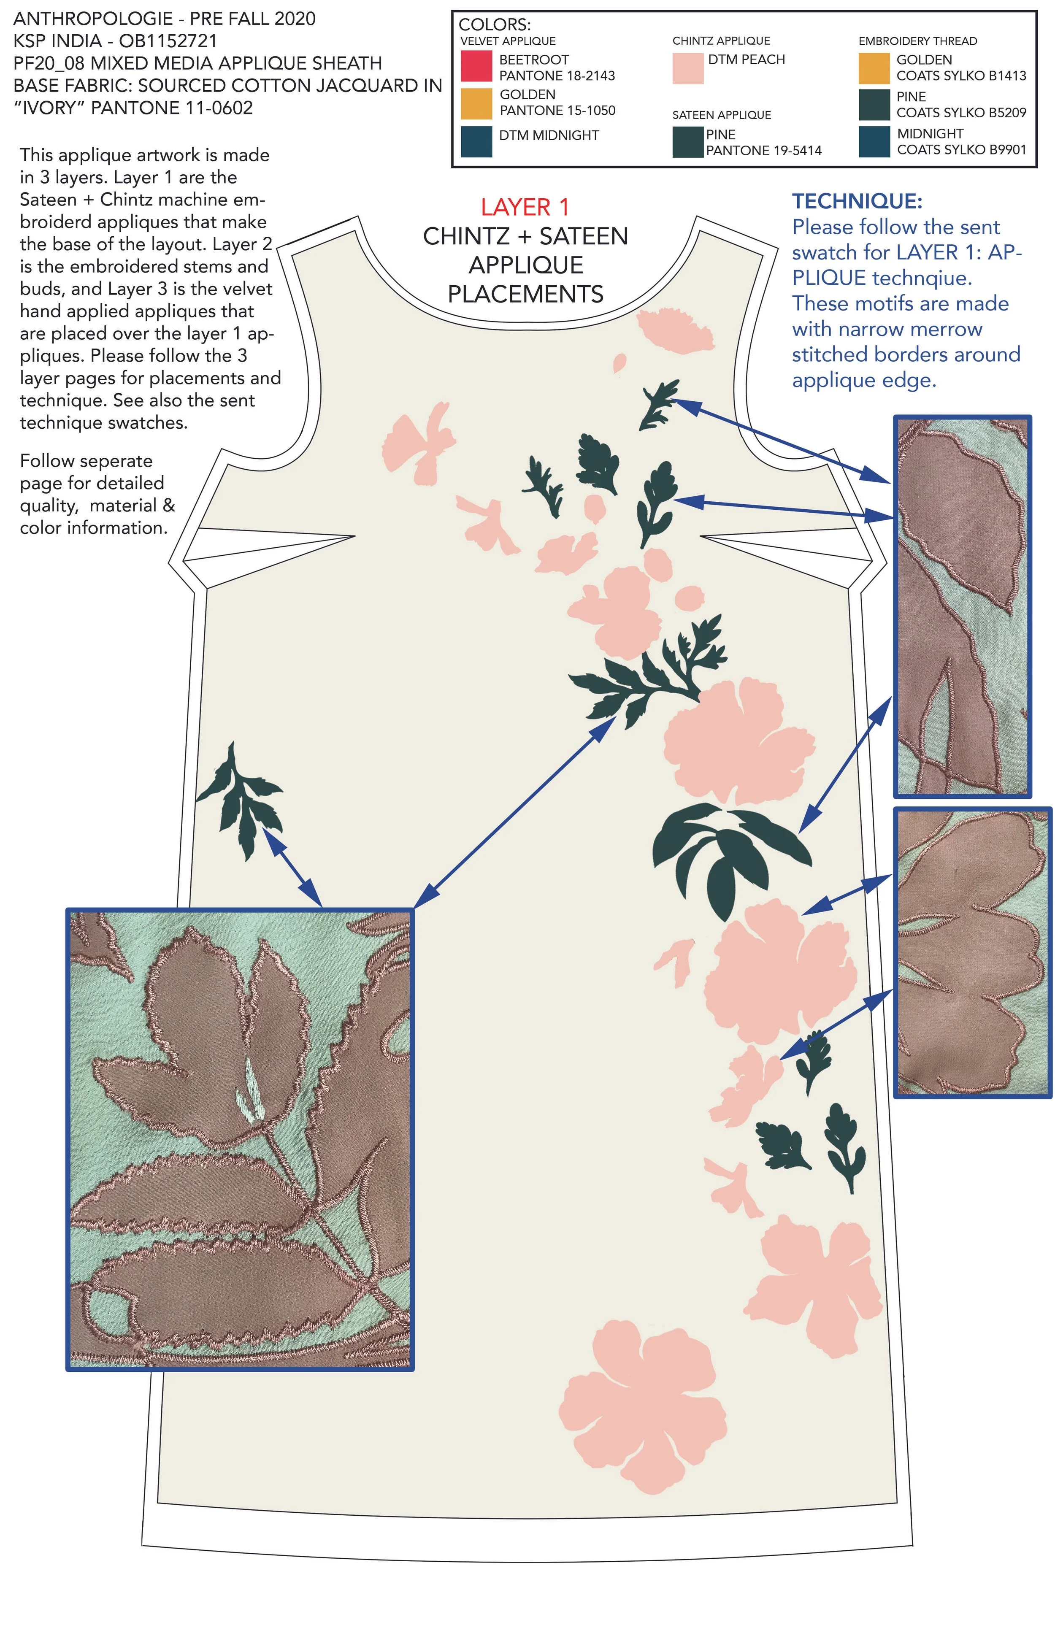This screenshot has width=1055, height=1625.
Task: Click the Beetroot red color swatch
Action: click(x=476, y=66)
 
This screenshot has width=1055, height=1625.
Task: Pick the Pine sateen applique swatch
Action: click(x=687, y=142)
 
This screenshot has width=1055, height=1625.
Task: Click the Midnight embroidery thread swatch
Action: click(x=874, y=141)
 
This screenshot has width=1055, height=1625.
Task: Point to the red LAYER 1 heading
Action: click(x=525, y=207)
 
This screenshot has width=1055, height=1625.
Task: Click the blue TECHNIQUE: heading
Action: click(x=857, y=201)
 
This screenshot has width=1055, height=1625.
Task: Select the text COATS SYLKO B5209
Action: click(x=961, y=113)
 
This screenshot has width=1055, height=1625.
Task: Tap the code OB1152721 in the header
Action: click(x=168, y=41)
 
